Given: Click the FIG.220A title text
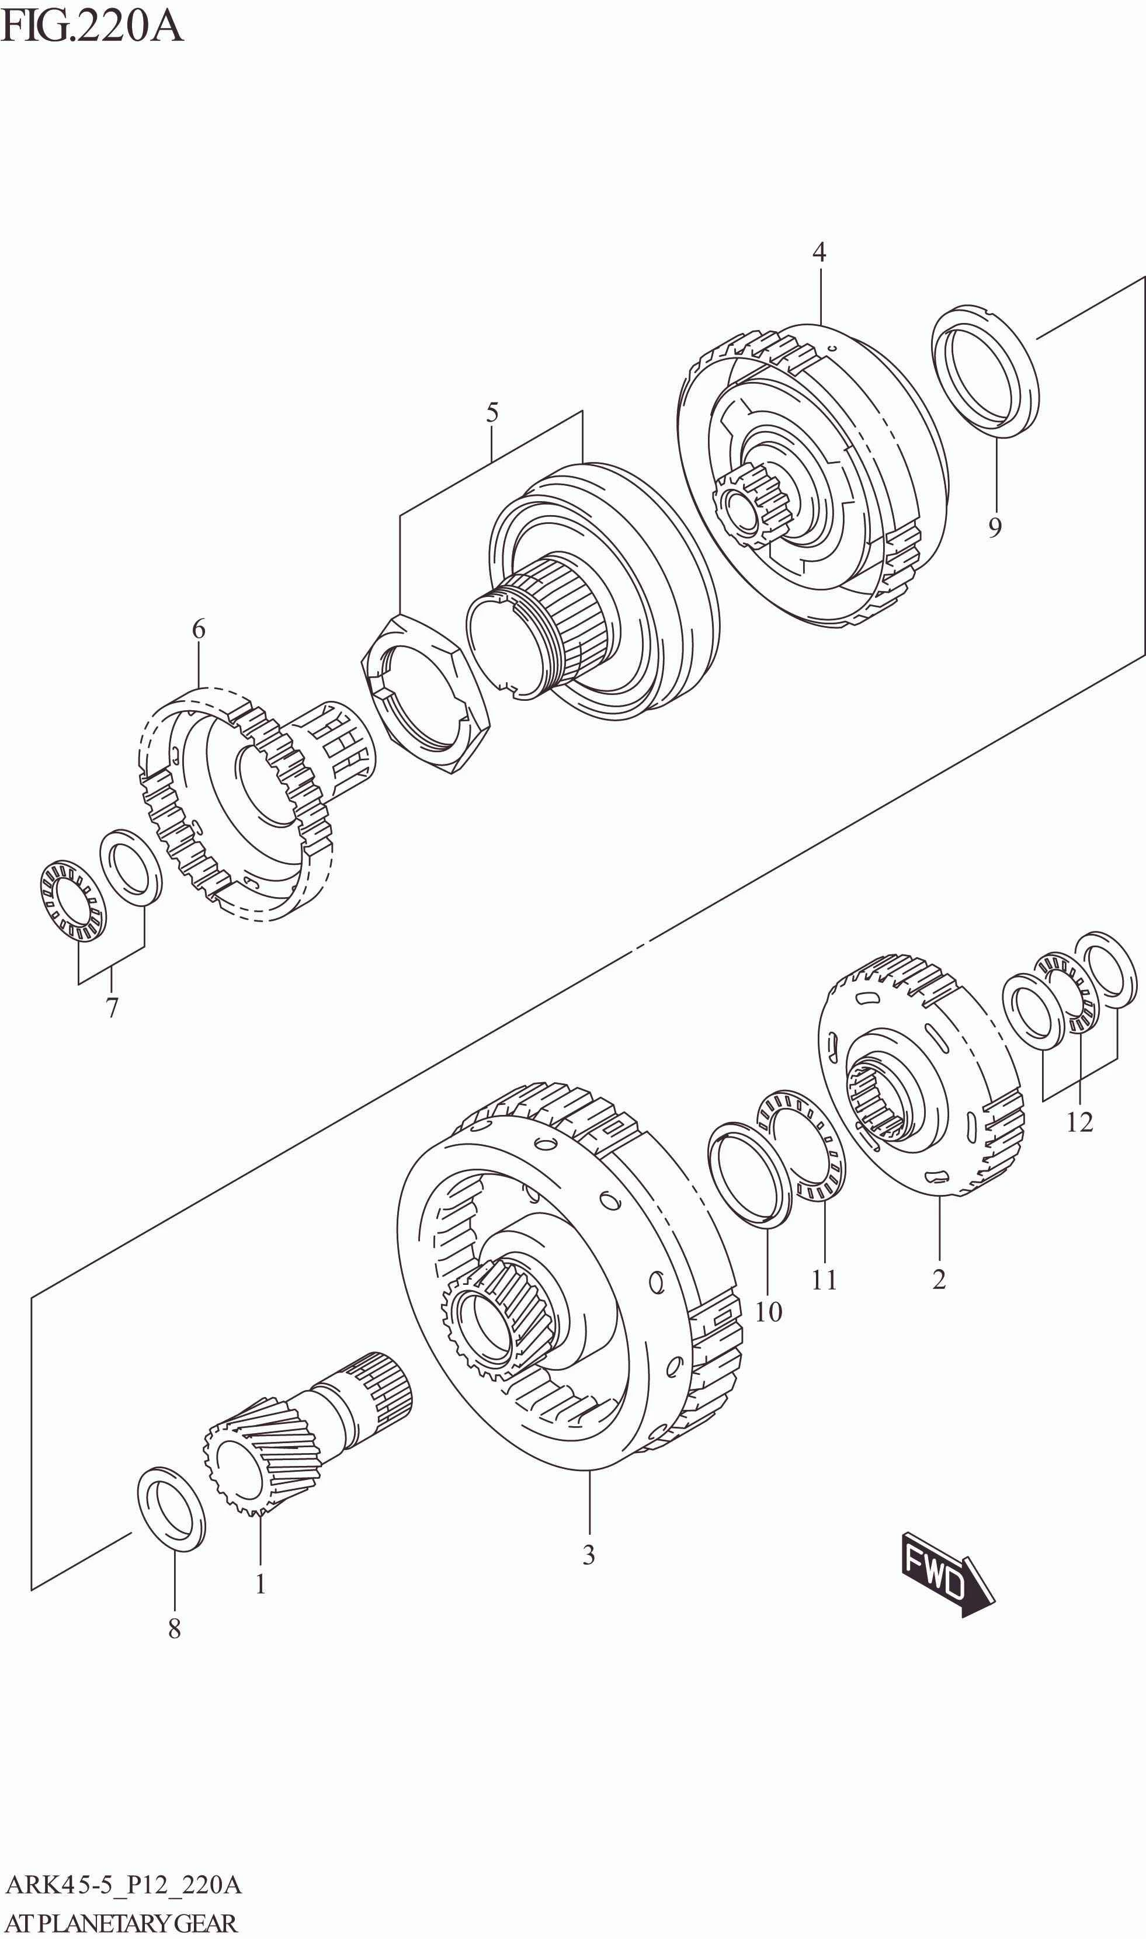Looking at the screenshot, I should coord(91,26).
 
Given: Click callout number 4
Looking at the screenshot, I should coord(818,252).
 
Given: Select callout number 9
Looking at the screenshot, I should coord(995,528).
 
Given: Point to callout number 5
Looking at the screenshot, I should coord(492,413).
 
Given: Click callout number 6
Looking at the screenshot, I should coord(199,630).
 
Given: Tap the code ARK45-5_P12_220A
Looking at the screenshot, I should coord(124,1886).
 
